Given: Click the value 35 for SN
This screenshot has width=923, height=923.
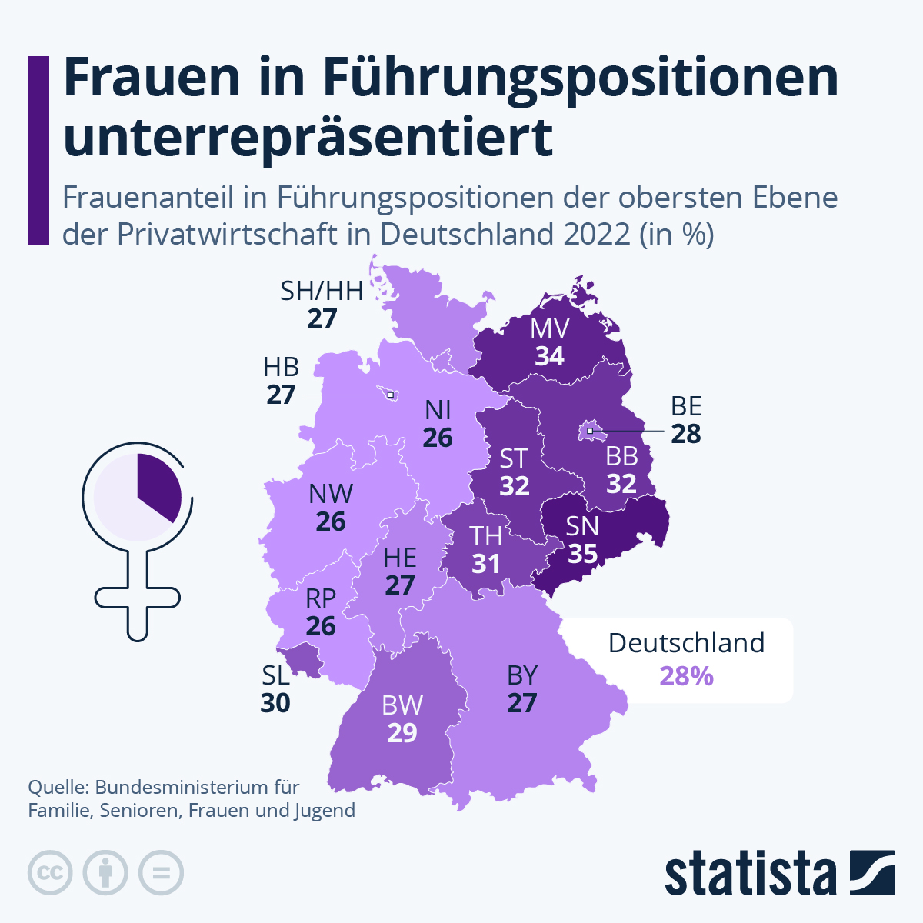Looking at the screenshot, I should [x=582, y=554].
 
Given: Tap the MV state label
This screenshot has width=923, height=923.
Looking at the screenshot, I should [x=550, y=329].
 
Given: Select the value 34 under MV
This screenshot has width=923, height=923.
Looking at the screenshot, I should [x=550, y=357].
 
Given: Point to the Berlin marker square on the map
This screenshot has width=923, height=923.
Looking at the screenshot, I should [x=590, y=432].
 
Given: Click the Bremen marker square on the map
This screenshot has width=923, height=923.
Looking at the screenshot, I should [x=390, y=395].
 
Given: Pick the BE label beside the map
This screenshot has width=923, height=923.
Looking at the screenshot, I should [x=686, y=406].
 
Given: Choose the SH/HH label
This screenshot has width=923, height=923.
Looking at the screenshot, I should [x=322, y=291].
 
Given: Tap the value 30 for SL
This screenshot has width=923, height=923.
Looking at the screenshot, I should [x=275, y=703].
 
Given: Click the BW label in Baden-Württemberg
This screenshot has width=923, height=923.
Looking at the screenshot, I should [x=402, y=705].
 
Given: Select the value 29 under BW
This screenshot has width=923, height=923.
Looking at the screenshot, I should [x=402, y=733].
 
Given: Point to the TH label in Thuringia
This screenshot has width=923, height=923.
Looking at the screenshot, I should [x=486, y=536].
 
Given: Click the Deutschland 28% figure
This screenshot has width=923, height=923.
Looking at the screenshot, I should [x=686, y=676].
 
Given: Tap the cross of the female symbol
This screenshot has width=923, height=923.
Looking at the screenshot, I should [x=137, y=597].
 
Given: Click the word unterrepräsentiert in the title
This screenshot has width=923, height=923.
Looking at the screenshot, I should [x=308, y=136].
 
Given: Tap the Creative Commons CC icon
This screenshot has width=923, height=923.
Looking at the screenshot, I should [x=50, y=873].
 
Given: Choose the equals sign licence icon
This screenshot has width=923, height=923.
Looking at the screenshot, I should [x=161, y=873].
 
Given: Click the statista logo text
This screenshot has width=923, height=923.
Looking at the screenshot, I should [x=750, y=874].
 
